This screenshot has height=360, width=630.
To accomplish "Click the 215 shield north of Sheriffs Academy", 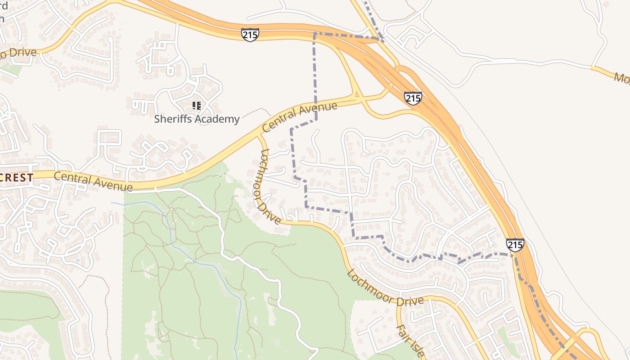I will coord(250,35).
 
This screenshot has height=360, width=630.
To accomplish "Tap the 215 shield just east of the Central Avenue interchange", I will coord(413,98).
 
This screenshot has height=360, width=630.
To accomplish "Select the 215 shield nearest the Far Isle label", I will coord(515,245).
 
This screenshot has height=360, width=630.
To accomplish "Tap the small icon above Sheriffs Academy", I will coord(196,106).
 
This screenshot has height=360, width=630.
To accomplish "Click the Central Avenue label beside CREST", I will coord(93,181).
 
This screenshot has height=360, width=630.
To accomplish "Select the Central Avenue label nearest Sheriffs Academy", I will coord(299,117).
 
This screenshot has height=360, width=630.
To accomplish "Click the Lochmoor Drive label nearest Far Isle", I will coord(385,288).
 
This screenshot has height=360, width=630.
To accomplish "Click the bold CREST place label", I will coord(17,178).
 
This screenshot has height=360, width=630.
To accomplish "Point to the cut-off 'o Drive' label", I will coord(18,53).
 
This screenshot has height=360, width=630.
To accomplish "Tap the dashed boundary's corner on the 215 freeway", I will coord(314,34).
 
